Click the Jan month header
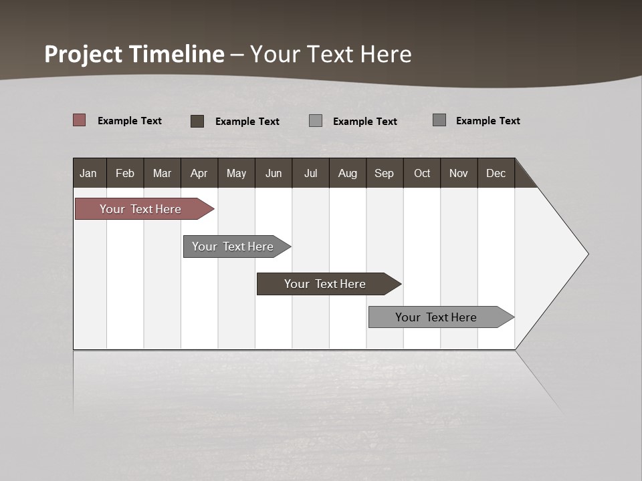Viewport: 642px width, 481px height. (x=88, y=173)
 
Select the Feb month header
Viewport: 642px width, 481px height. (x=125, y=173)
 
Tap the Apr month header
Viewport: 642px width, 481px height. (x=199, y=173)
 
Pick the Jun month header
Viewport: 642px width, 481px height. (x=274, y=173)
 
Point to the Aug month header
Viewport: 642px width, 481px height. (x=347, y=173)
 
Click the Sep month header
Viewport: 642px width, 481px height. (x=384, y=173)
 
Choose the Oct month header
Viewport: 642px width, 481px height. (x=422, y=173)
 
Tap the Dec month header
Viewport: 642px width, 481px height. (x=496, y=173)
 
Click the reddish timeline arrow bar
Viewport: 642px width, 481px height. (x=140, y=209)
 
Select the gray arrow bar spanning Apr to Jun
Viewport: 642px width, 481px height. (x=233, y=247)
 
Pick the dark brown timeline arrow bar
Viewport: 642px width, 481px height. (x=325, y=284)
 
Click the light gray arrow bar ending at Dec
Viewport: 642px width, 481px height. (x=436, y=317)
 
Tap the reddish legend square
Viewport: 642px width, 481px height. (x=79, y=120)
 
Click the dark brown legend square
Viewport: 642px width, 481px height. (x=197, y=121)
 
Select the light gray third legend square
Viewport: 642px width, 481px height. (x=316, y=120)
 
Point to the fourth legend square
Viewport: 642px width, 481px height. (x=439, y=120)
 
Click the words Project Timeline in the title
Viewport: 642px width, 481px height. (x=134, y=54)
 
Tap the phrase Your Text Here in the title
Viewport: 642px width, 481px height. (x=331, y=54)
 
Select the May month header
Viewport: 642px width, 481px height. (x=236, y=173)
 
